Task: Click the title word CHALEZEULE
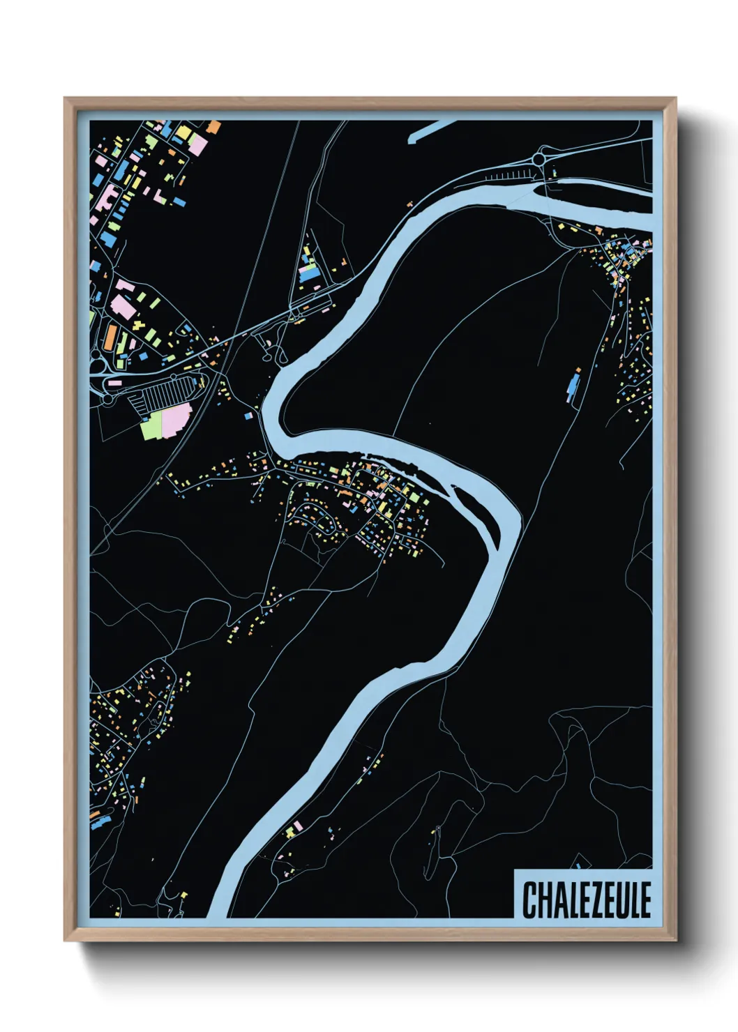(587, 900)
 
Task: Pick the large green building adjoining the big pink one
(151, 425)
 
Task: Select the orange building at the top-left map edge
(214, 128)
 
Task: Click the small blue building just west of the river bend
(248, 416)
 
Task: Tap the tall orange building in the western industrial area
(111, 338)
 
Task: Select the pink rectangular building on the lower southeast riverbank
(299, 826)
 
